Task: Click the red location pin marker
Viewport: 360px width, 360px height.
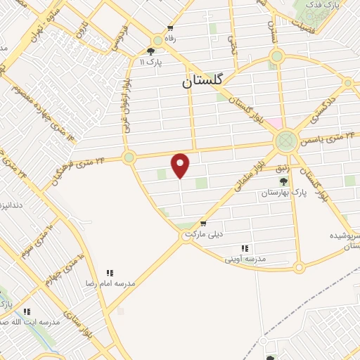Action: coord(181,165)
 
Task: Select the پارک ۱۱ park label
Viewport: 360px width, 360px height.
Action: coord(150,63)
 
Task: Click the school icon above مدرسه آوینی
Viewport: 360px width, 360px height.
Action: coord(245,248)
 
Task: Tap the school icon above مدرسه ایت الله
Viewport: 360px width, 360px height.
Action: coord(27,311)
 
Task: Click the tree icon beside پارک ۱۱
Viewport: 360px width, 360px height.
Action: coord(150,51)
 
